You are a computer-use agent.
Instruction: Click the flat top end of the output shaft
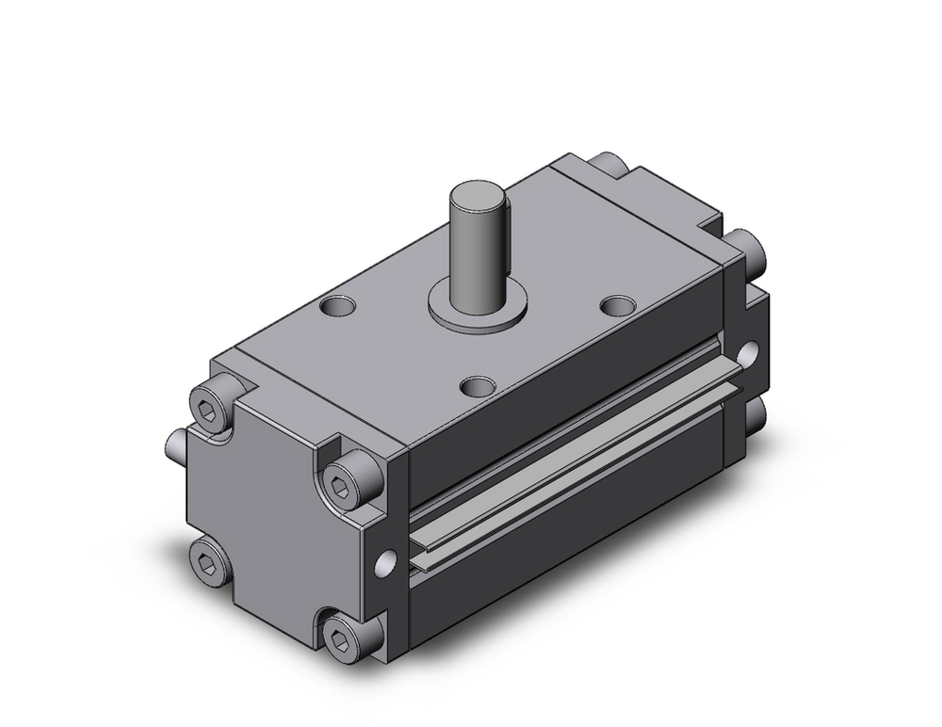(x=476, y=198)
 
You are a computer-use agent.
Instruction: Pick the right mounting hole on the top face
(x=617, y=306)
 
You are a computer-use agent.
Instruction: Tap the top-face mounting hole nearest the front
(x=479, y=385)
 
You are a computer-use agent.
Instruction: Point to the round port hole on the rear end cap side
(x=749, y=354)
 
